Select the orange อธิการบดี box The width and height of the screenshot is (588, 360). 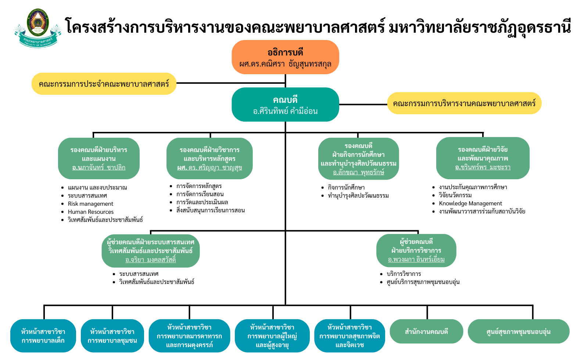pyautogui.click(x=285, y=57)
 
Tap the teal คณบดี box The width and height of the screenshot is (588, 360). pyautogui.click(x=285, y=105)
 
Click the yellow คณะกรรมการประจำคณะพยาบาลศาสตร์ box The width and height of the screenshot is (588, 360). pyautogui.click(x=104, y=84)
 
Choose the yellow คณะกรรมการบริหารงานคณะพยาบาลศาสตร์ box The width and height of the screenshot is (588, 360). pyautogui.click(x=464, y=104)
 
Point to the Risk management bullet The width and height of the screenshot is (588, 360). pyautogui.click(x=90, y=204)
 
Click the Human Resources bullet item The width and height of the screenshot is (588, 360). pyautogui.click(x=91, y=212)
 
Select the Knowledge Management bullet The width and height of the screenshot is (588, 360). pyautogui.click(x=470, y=204)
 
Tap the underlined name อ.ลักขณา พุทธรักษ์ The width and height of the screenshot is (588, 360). pyautogui.click(x=358, y=172)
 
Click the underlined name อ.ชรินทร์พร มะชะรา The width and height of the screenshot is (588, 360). pyautogui.click(x=483, y=167)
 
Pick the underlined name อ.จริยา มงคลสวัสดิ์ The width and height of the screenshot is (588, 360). pyautogui.click(x=151, y=260)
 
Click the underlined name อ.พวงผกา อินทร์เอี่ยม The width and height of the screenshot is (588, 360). pyautogui.click(x=416, y=259)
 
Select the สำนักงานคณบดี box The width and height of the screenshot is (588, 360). pyautogui.click(x=426, y=332)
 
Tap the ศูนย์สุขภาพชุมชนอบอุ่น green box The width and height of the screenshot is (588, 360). pyautogui.click(x=518, y=332)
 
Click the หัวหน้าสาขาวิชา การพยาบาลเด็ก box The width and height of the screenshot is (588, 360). pyautogui.click(x=43, y=336)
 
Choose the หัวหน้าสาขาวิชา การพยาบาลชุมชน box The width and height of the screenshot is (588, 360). pyautogui.click(x=112, y=336)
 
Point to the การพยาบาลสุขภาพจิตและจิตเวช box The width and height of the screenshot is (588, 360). pyautogui.click(x=349, y=336)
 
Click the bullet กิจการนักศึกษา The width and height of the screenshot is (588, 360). pyautogui.click(x=346, y=187)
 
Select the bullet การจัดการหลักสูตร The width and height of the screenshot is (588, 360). pyautogui.click(x=199, y=186)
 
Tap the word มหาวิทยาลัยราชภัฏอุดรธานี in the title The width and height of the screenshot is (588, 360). pyautogui.click(x=480, y=27)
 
